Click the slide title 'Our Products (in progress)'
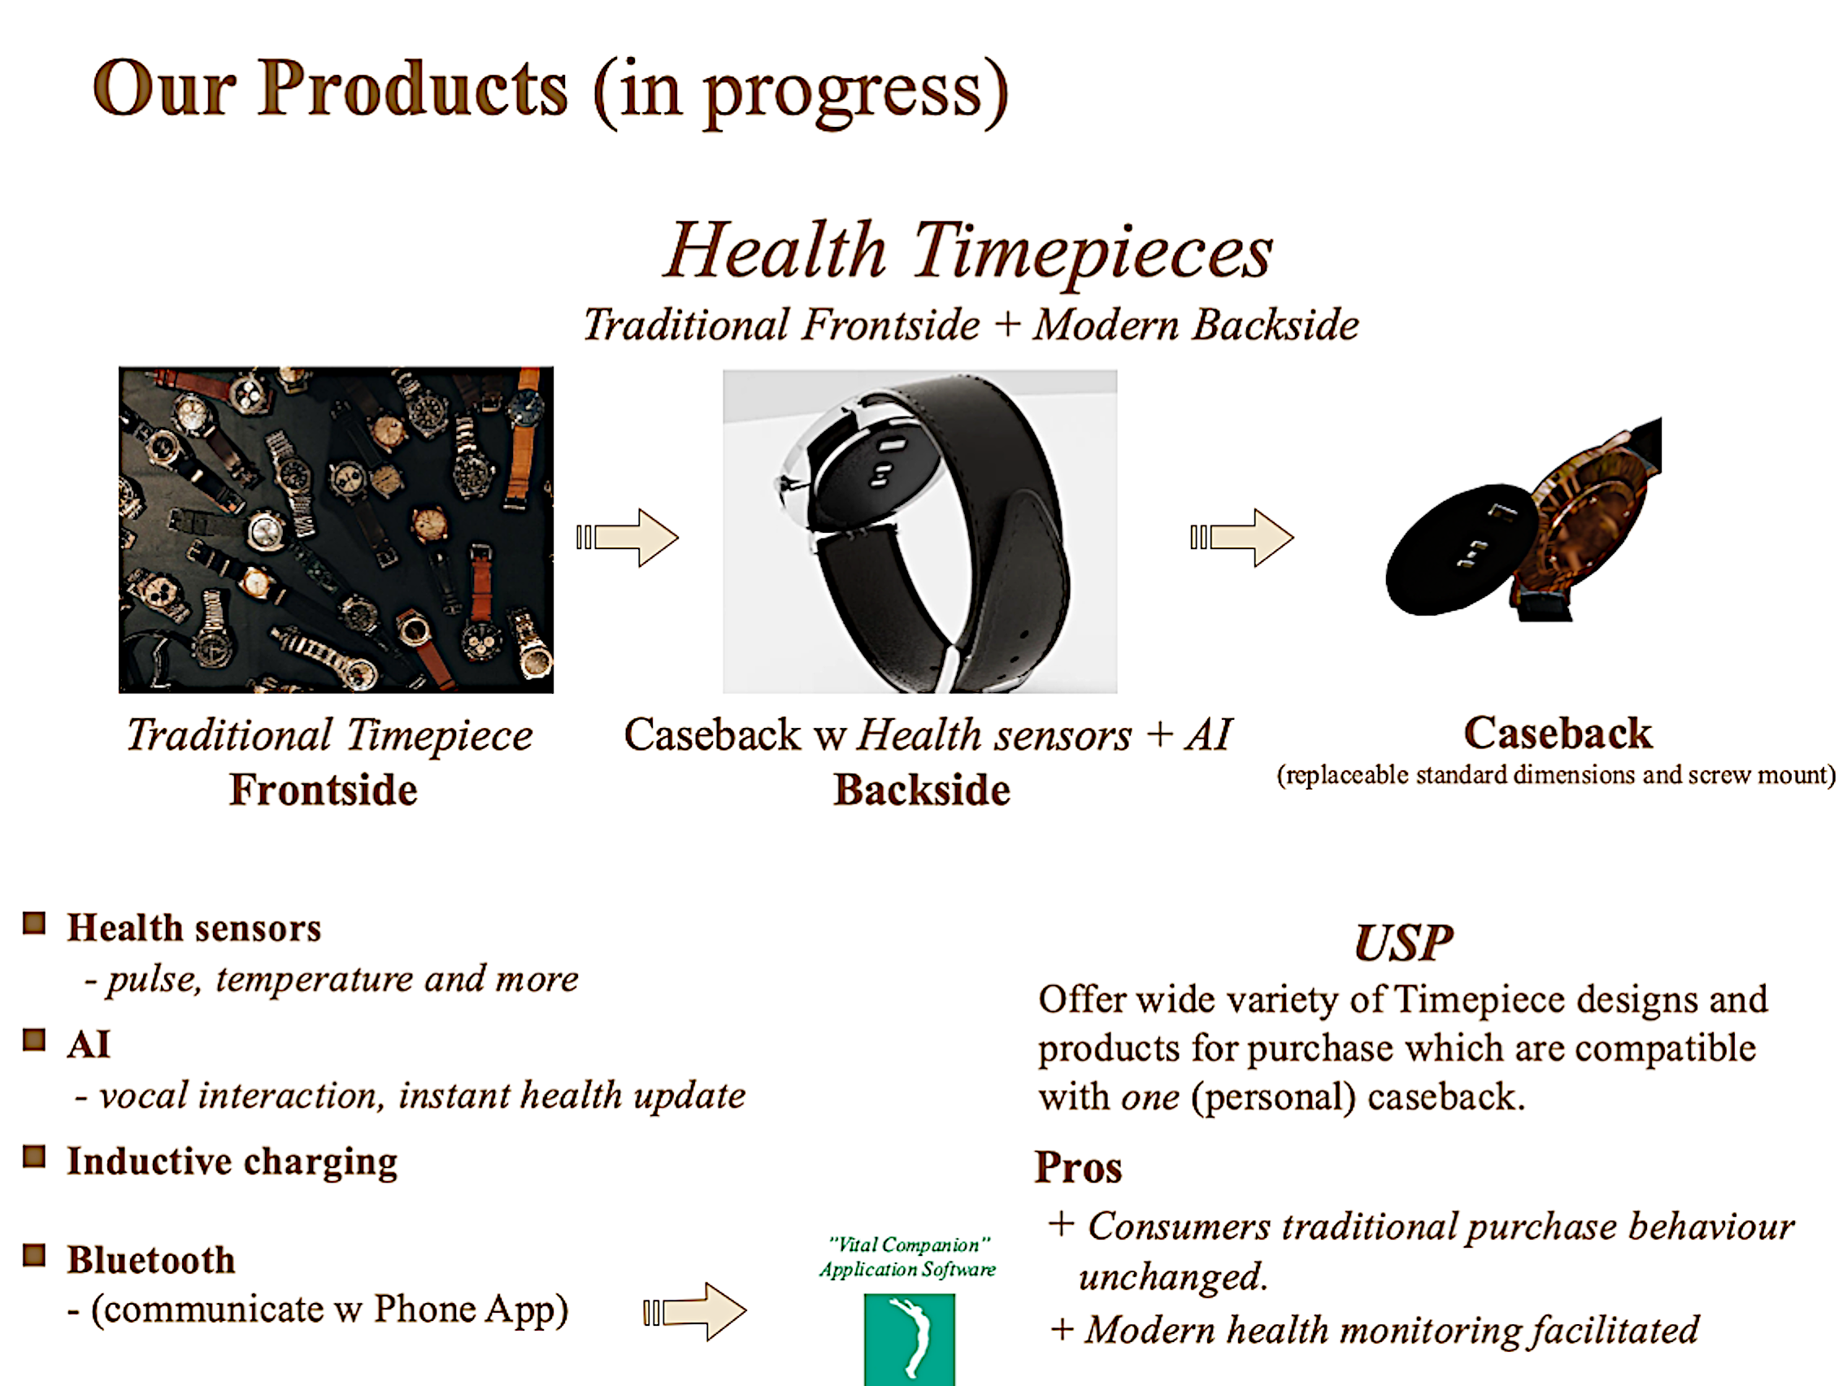[551, 92]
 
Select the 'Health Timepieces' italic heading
[968, 251]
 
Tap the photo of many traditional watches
[336, 530]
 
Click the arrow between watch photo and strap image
[627, 537]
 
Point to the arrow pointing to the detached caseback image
[1241, 537]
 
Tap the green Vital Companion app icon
[910, 1339]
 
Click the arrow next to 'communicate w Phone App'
[695, 1312]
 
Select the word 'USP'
[1404, 944]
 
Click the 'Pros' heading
[1078, 1167]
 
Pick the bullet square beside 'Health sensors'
[34, 923]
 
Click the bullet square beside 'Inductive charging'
[34, 1157]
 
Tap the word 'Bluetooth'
[151, 1260]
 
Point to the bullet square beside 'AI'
[34, 1040]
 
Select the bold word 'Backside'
[922, 790]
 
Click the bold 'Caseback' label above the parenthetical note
[1558, 733]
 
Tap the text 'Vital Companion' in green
[910, 1244]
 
